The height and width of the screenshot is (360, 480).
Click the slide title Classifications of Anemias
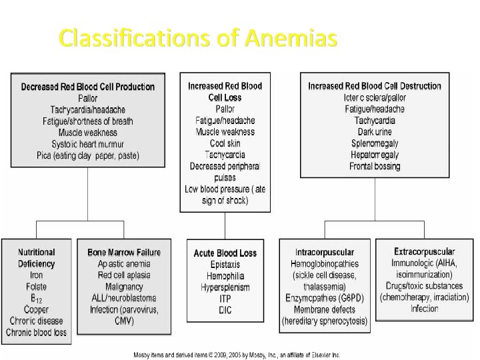pyautogui.click(x=193, y=39)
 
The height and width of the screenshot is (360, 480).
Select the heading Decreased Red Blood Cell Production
pyautogui.click(x=88, y=87)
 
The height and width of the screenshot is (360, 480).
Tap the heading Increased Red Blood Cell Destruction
pyautogui.click(x=375, y=86)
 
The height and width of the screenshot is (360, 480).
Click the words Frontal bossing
pyautogui.click(x=375, y=166)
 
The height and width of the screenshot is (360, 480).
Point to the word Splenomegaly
pyautogui.click(x=375, y=143)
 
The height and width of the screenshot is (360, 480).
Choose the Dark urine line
pyautogui.click(x=375, y=132)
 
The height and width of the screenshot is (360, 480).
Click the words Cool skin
pyautogui.click(x=225, y=143)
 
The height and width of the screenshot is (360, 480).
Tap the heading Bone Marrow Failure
pyautogui.click(x=123, y=253)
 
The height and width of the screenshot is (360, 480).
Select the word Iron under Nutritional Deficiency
pyautogui.click(x=37, y=275)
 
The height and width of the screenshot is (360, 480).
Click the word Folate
pyautogui.click(x=37, y=287)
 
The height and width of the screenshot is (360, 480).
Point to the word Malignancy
pyautogui.click(x=123, y=287)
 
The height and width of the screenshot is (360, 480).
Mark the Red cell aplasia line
pyautogui.click(x=123, y=275)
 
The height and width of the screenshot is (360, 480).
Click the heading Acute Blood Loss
pyautogui.click(x=225, y=253)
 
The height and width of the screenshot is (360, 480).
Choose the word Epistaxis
pyautogui.click(x=225, y=264)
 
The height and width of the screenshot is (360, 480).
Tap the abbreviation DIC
pyautogui.click(x=225, y=309)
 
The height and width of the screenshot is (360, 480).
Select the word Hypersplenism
pyautogui.click(x=225, y=287)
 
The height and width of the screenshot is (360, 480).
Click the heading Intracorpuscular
pyautogui.click(x=324, y=253)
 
